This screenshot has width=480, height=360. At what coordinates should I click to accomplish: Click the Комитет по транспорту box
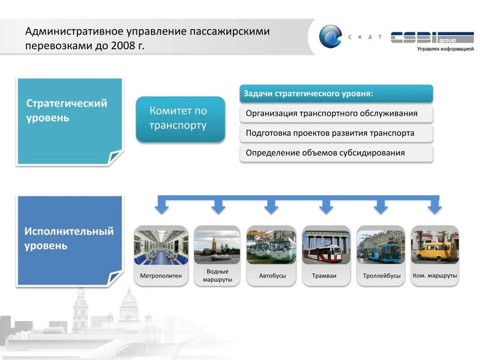[x=180, y=119]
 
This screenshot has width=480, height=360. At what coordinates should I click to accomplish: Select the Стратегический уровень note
[x=69, y=120]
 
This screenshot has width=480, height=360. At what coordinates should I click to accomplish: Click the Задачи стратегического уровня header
[x=336, y=94]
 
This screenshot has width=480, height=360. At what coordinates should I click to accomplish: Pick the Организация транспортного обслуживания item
[x=336, y=113]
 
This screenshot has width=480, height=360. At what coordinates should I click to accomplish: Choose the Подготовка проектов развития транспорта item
[x=336, y=133]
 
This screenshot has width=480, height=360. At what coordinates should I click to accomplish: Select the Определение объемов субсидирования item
[x=336, y=153]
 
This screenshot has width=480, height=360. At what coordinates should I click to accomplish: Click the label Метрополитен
[x=161, y=276]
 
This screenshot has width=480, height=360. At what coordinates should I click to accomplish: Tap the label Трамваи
[x=324, y=276]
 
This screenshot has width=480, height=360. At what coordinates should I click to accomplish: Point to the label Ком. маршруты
[x=435, y=275]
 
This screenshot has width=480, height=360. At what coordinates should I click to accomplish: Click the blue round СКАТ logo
[x=330, y=37]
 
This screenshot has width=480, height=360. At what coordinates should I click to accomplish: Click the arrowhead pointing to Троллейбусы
[x=381, y=208]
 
